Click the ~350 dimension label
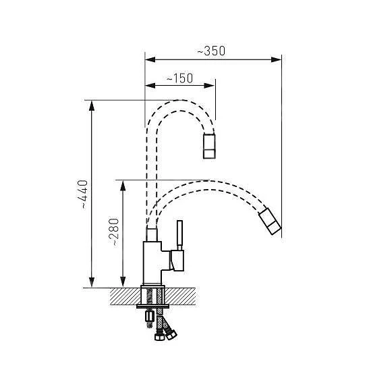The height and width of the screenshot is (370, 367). click(x=210, y=51)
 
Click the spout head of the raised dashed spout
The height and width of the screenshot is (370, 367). click(x=210, y=147)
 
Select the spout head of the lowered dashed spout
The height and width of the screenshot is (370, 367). click(x=269, y=223)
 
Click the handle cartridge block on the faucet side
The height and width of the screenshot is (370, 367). click(x=178, y=259)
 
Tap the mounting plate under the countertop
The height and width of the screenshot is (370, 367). click(x=153, y=308)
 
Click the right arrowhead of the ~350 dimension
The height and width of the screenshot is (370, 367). click(x=277, y=58)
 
